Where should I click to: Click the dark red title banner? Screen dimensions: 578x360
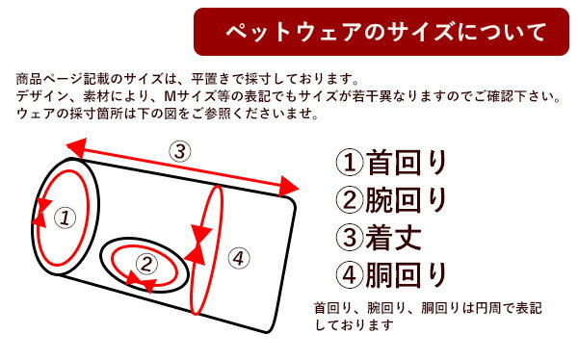coord(381,32)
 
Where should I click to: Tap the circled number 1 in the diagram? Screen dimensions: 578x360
coord(66,218)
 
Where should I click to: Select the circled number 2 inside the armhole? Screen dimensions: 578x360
coord(146,264)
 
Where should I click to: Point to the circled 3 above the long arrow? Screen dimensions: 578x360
coord(180,151)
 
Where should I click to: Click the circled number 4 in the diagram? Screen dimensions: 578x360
coord(239,258)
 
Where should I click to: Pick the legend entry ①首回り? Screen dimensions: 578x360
coord(391,163)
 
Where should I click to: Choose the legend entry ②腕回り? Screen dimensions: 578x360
coord(391,200)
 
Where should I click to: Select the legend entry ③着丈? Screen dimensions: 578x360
coord(379,238)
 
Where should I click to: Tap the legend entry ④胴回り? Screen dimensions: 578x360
coord(391,275)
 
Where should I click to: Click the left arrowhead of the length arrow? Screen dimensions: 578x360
coord(76,148)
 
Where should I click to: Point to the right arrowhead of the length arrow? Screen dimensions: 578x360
coord(288,187)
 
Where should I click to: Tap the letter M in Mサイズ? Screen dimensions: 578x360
coord(170,96)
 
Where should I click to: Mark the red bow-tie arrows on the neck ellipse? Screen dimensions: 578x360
coord(41,212)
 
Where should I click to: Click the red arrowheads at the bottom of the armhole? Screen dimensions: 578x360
coord(142,285)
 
